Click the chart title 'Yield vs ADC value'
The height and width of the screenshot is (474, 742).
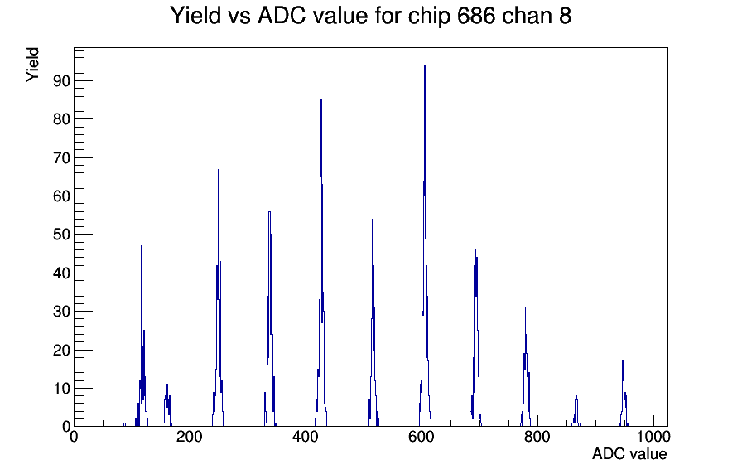(269, 15)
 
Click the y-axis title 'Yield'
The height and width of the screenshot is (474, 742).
(32, 65)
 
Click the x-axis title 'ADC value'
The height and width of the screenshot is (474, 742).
(629, 453)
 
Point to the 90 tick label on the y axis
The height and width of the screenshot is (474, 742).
(61, 81)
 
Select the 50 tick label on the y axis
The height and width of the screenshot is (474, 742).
(61, 235)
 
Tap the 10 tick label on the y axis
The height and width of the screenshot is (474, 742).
(61, 389)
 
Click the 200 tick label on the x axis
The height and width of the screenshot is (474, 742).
(190, 437)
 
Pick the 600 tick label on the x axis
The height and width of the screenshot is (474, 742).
(422, 437)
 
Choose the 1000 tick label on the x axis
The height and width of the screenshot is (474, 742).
(653, 437)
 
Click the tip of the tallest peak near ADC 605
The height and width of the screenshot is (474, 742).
(425, 65)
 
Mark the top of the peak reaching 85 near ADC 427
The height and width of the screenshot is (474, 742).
(320, 99)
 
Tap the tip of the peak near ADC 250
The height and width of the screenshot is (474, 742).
(218, 169)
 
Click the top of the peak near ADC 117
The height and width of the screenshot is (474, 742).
(142, 245)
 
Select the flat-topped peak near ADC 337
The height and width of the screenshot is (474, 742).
(269, 211)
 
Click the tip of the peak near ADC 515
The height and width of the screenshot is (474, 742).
(373, 219)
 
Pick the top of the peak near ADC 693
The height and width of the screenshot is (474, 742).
(475, 249)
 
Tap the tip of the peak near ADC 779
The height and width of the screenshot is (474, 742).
(525, 307)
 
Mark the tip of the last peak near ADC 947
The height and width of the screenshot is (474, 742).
(623, 360)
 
